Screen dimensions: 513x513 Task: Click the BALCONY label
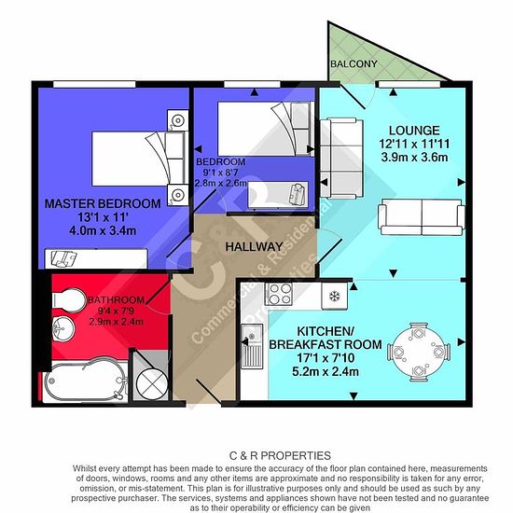click(354, 63)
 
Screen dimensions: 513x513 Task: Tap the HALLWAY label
click(255, 246)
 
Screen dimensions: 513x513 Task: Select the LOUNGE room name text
click(414, 131)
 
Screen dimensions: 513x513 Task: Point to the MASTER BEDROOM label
click(103, 203)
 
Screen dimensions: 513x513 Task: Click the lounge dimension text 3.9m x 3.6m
click(414, 158)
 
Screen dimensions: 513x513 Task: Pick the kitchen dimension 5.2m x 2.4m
click(326, 371)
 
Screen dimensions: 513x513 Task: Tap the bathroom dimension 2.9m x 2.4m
click(117, 321)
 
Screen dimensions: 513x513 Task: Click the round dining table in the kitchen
click(419, 352)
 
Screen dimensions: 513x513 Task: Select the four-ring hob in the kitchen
click(279, 294)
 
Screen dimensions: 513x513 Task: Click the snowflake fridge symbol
click(334, 297)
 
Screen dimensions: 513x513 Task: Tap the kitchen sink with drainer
click(252, 346)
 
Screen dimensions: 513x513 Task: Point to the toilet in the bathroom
click(68, 298)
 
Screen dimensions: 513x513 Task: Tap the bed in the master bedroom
click(138, 159)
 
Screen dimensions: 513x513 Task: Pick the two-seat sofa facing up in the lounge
click(422, 217)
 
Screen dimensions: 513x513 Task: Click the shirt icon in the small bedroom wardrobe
click(298, 194)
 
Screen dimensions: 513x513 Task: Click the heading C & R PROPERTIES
click(280, 455)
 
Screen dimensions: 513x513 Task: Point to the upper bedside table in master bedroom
click(177, 120)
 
